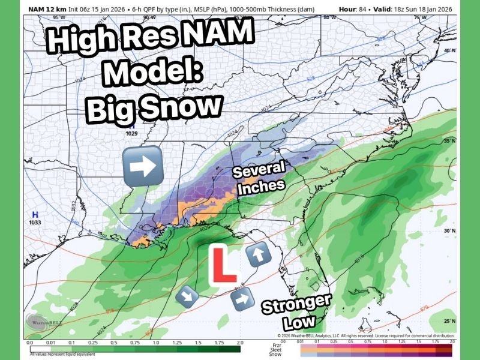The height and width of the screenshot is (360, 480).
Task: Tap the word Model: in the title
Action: click(x=155, y=73)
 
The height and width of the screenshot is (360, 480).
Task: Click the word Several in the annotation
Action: click(x=258, y=170)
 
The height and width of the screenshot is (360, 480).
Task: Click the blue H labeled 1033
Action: click(x=35, y=214)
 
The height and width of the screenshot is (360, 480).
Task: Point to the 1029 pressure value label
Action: click(x=131, y=133)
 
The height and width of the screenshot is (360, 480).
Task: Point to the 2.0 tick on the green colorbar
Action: click(x=240, y=342)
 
